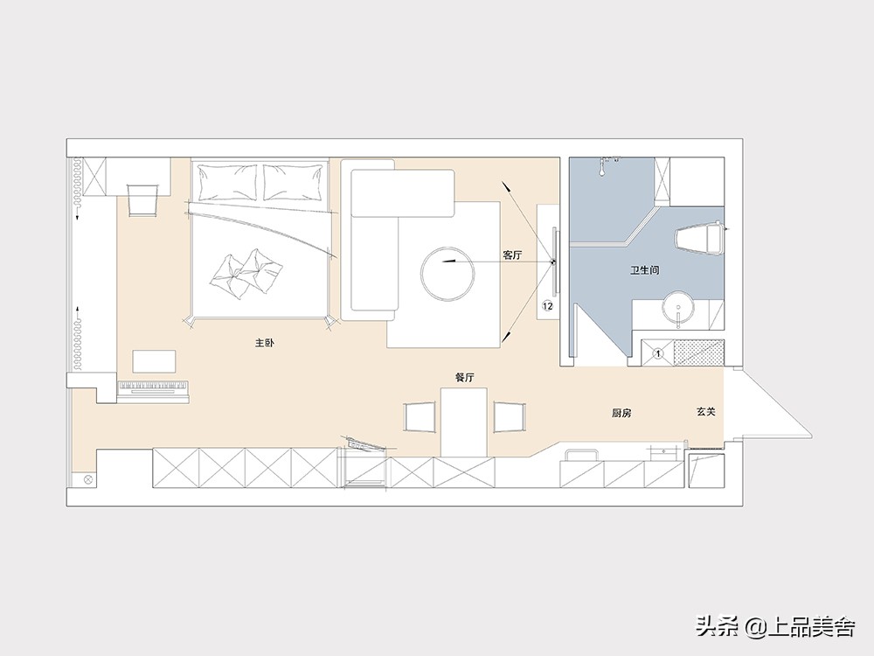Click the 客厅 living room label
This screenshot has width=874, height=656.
[x=512, y=255]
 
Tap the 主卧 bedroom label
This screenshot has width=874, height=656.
[x=264, y=343]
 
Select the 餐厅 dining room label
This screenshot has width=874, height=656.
[x=465, y=378]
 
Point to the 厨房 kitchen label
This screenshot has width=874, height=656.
[x=621, y=414]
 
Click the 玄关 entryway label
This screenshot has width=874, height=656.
[x=705, y=412]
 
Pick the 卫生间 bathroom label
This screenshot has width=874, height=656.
[x=645, y=270]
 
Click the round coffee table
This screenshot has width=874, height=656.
[x=448, y=273]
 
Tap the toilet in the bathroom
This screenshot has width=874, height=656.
[x=699, y=238]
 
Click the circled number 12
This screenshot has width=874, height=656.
[x=547, y=305]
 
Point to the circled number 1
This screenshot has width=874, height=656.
[x=658, y=353]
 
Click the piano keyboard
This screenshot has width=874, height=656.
[x=154, y=389]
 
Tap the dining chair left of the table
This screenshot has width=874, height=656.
[x=419, y=416]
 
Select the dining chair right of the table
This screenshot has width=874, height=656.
[x=510, y=416]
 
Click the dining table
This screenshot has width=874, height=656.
[x=464, y=422]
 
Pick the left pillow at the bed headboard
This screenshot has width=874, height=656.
[x=227, y=182]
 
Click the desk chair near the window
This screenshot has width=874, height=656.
[x=142, y=199]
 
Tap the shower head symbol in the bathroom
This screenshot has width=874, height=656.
[x=604, y=166]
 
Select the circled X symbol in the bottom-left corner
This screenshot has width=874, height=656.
[x=87, y=479]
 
